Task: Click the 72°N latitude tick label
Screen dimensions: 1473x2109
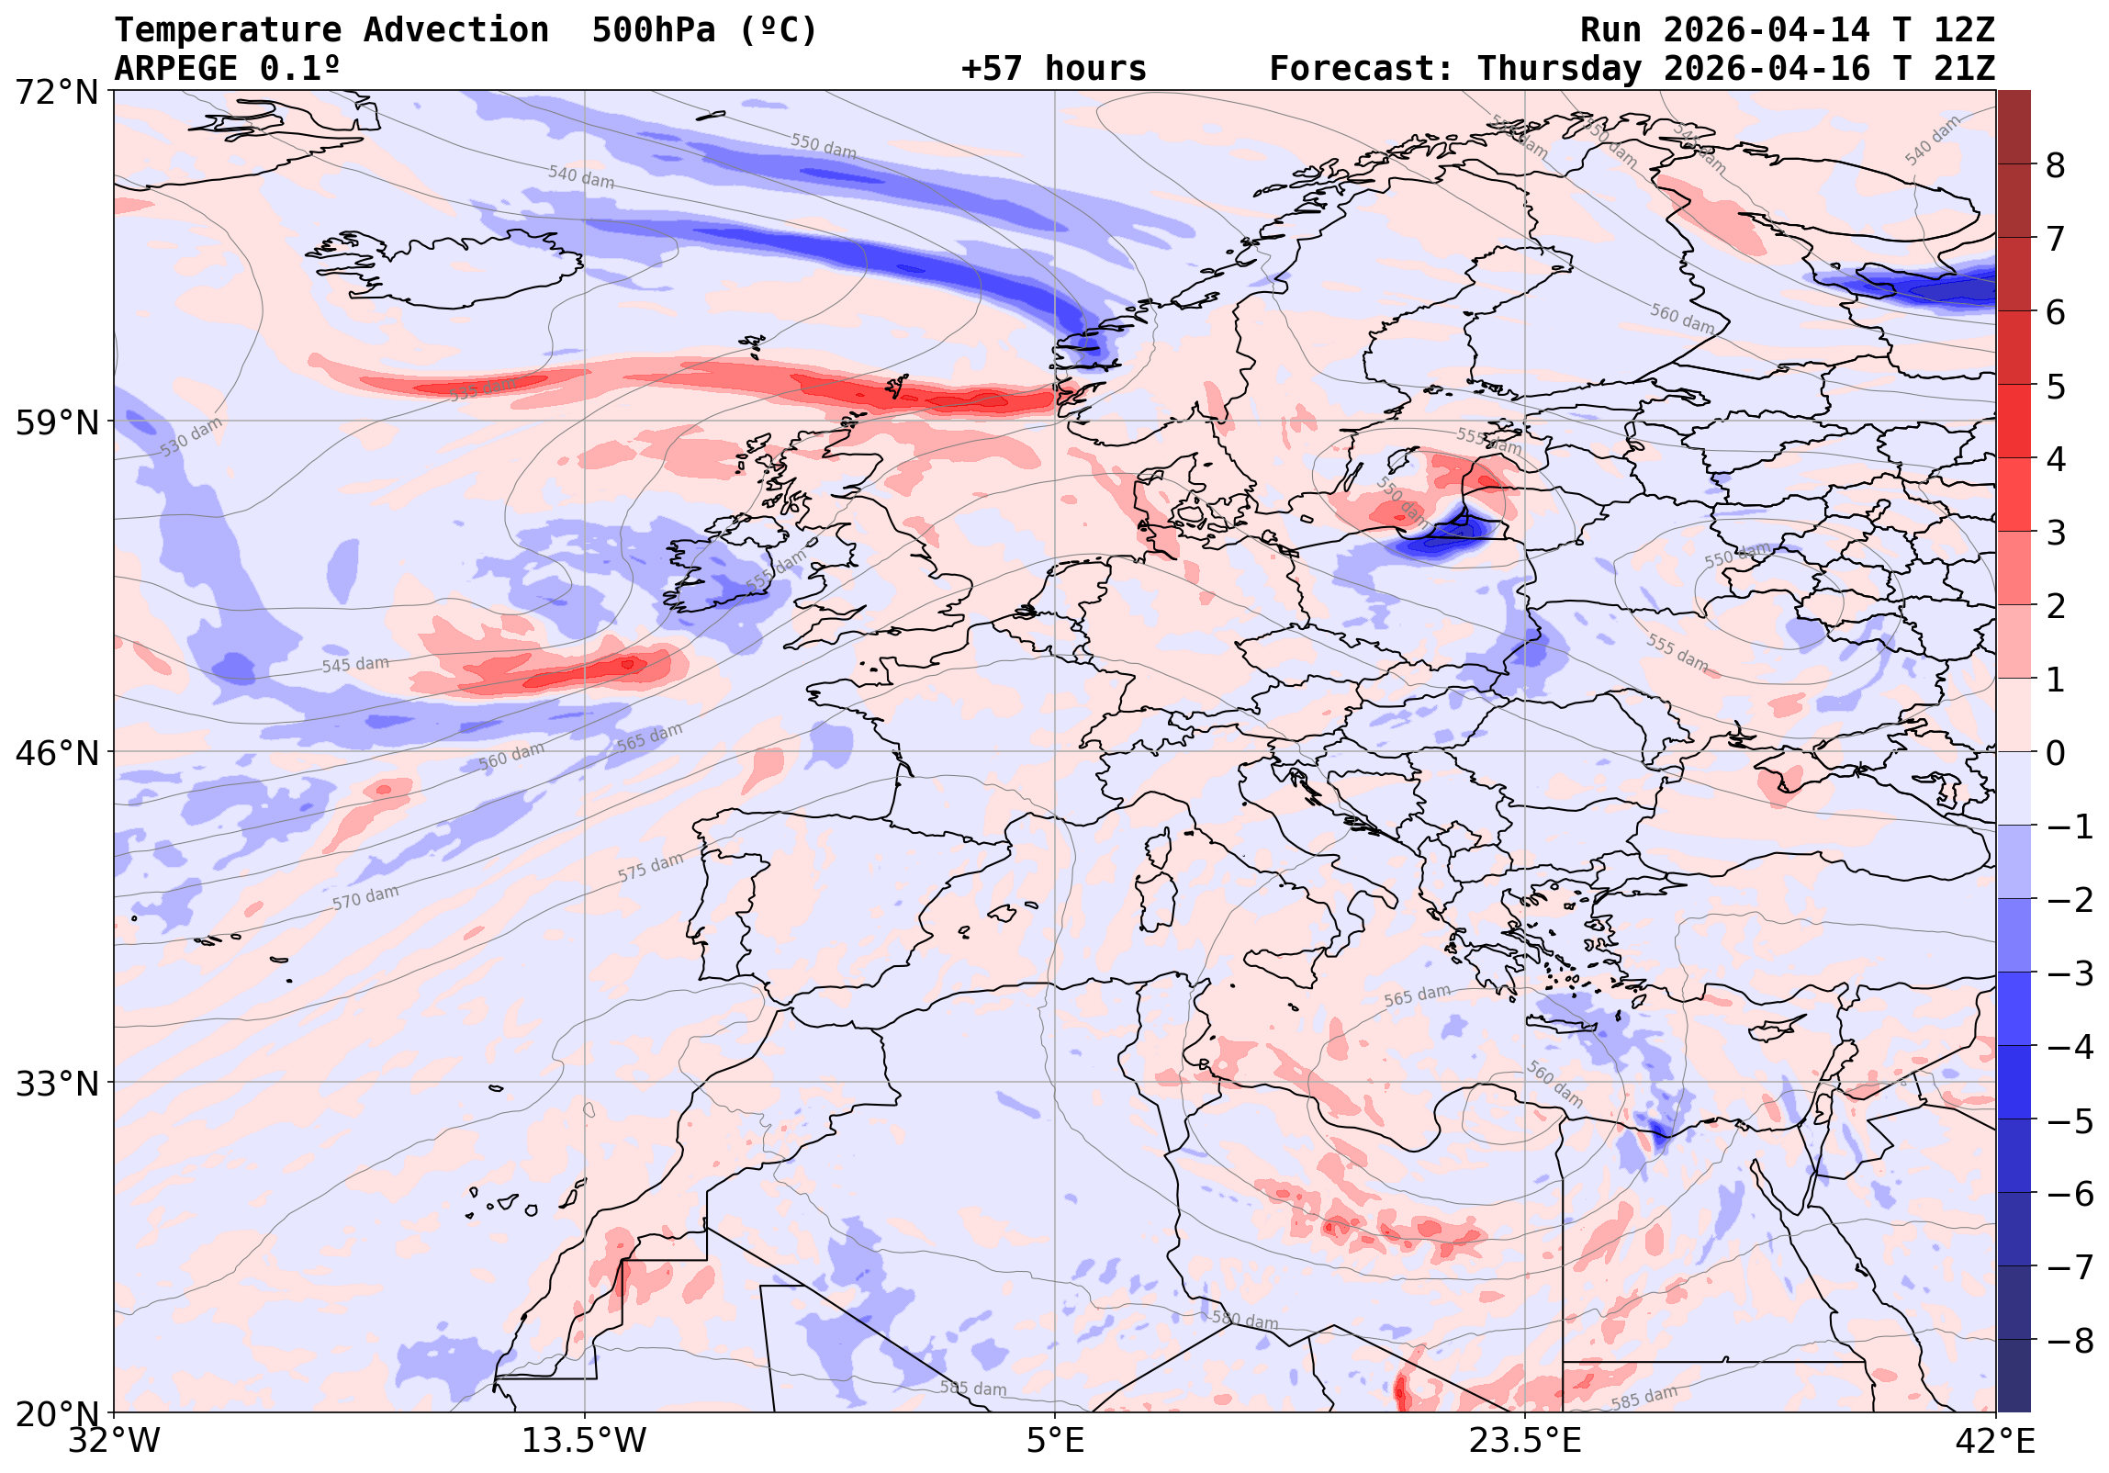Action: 57,92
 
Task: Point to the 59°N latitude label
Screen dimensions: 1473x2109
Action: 57,422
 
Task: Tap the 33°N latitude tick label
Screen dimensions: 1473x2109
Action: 57,1085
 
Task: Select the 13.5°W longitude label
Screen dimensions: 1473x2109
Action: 584,1441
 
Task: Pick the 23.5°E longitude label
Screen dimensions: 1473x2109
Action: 1525,1441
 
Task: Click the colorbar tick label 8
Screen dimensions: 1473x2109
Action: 2056,166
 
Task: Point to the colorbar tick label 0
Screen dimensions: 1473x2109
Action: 2056,754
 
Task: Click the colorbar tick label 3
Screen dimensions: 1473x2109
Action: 2056,533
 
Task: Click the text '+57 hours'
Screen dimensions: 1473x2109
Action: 1053,69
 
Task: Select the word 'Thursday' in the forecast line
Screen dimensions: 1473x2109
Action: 1559,69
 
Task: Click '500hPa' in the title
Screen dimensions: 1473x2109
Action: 653,30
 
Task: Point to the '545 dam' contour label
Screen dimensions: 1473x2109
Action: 354,664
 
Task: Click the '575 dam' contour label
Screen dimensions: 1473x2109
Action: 650,868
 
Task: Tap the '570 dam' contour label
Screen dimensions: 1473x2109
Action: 365,897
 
